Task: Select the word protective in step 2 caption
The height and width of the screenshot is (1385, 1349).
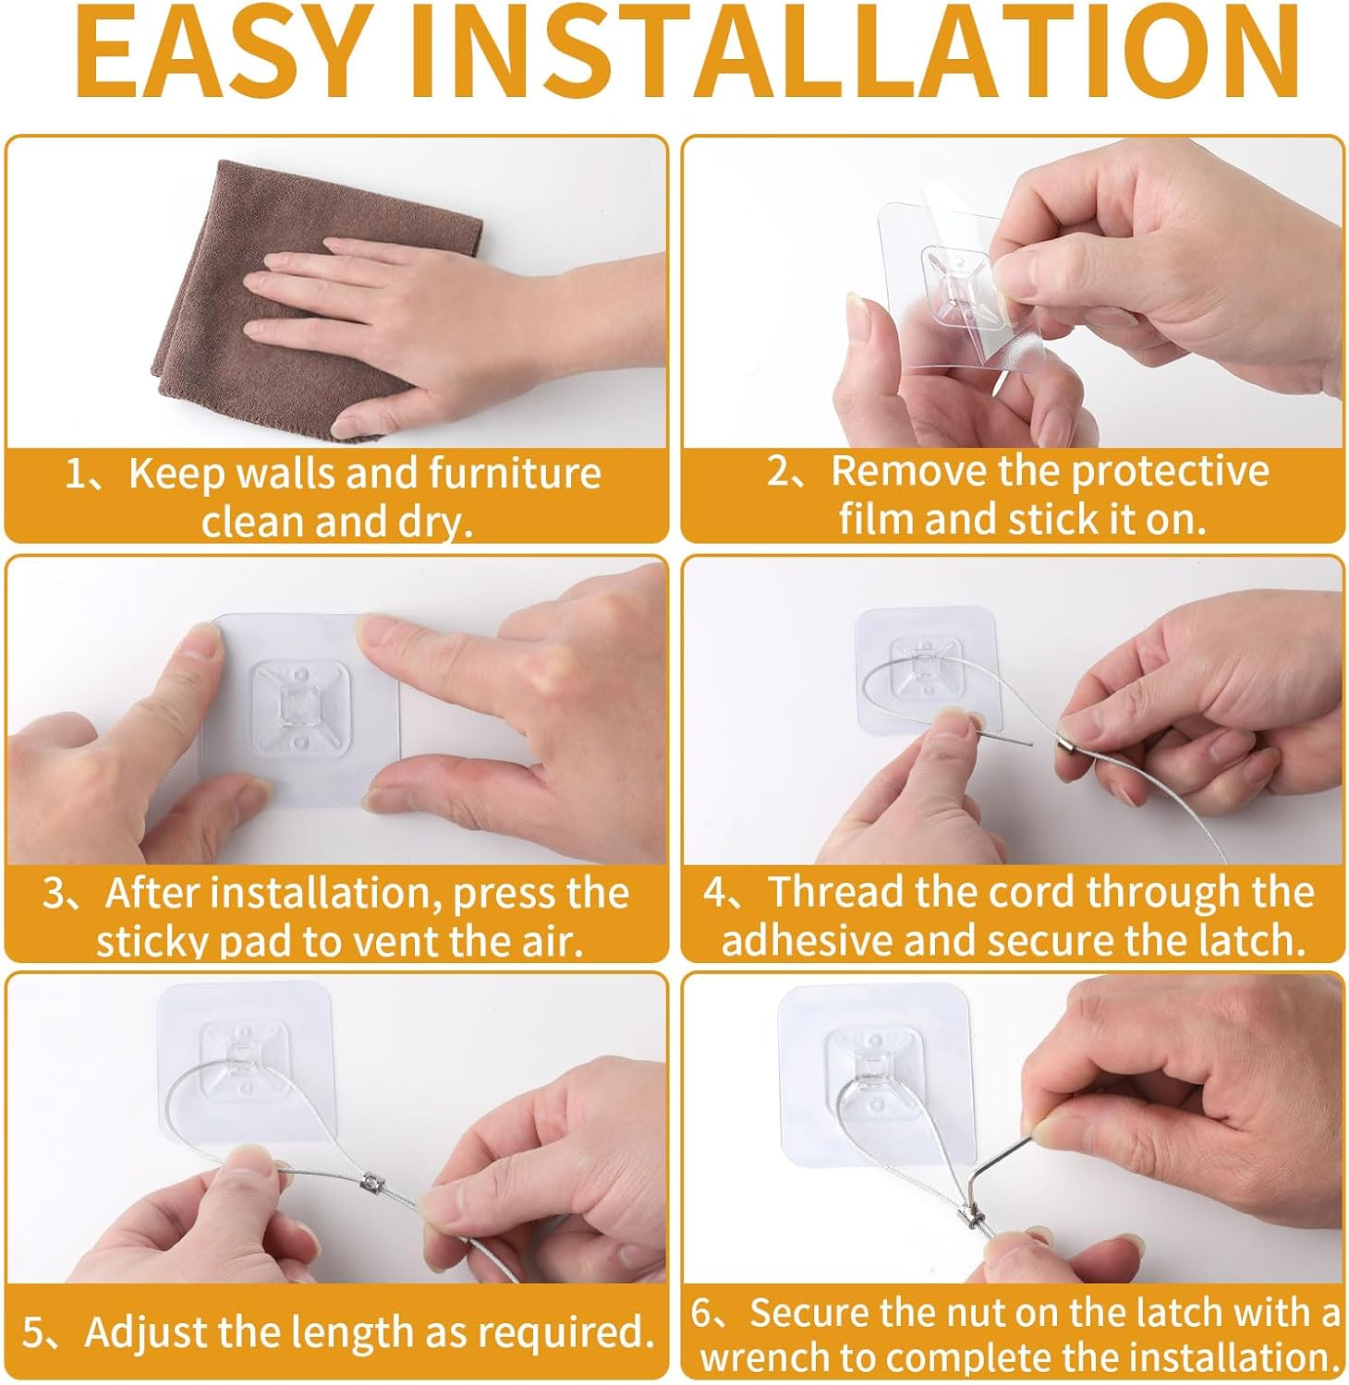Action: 1169,472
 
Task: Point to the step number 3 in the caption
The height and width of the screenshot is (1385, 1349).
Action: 55,895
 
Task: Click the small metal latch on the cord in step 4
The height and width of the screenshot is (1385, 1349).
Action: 1067,737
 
